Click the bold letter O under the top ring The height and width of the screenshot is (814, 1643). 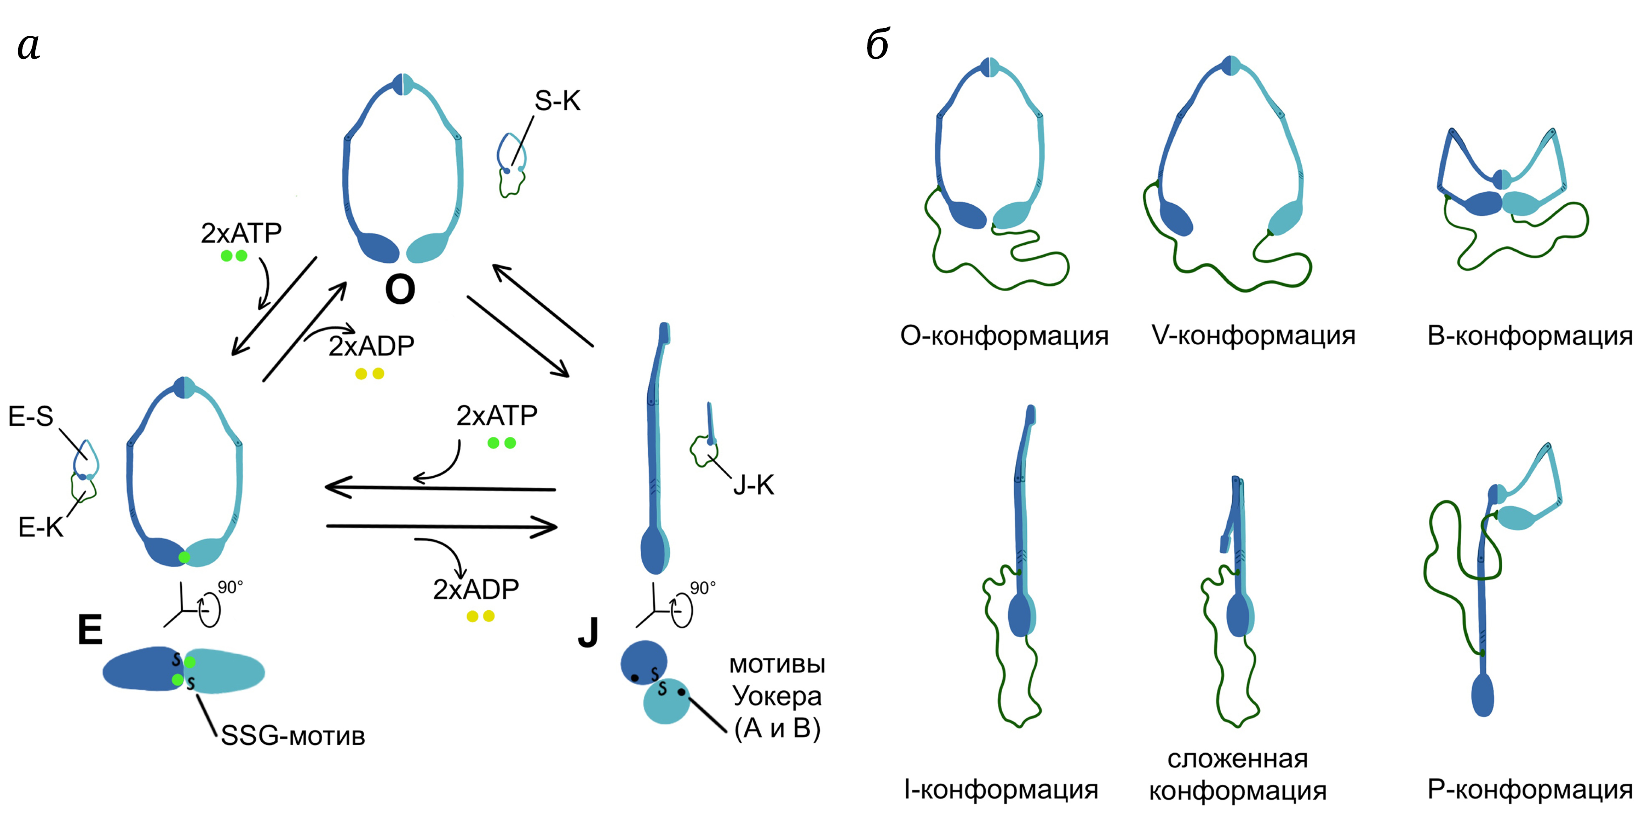pyautogui.click(x=400, y=290)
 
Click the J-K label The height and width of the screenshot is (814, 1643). pyautogui.click(x=753, y=485)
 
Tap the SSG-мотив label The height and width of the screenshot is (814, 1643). pyautogui.click(x=293, y=736)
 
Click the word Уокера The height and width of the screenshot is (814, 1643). pyautogui.click(x=777, y=695)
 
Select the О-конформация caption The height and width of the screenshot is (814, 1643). pyautogui.click(x=1004, y=335)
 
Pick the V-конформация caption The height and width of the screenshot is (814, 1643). pyautogui.click(x=1253, y=335)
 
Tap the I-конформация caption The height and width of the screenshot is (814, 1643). pyautogui.click(x=1001, y=789)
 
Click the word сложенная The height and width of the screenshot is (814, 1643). pyautogui.click(x=1237, y=759)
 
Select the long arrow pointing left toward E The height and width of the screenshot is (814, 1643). pyautogui.click(x=440, y=488)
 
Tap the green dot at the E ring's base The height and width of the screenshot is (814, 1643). pyautogui.click(x=185, y=558)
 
